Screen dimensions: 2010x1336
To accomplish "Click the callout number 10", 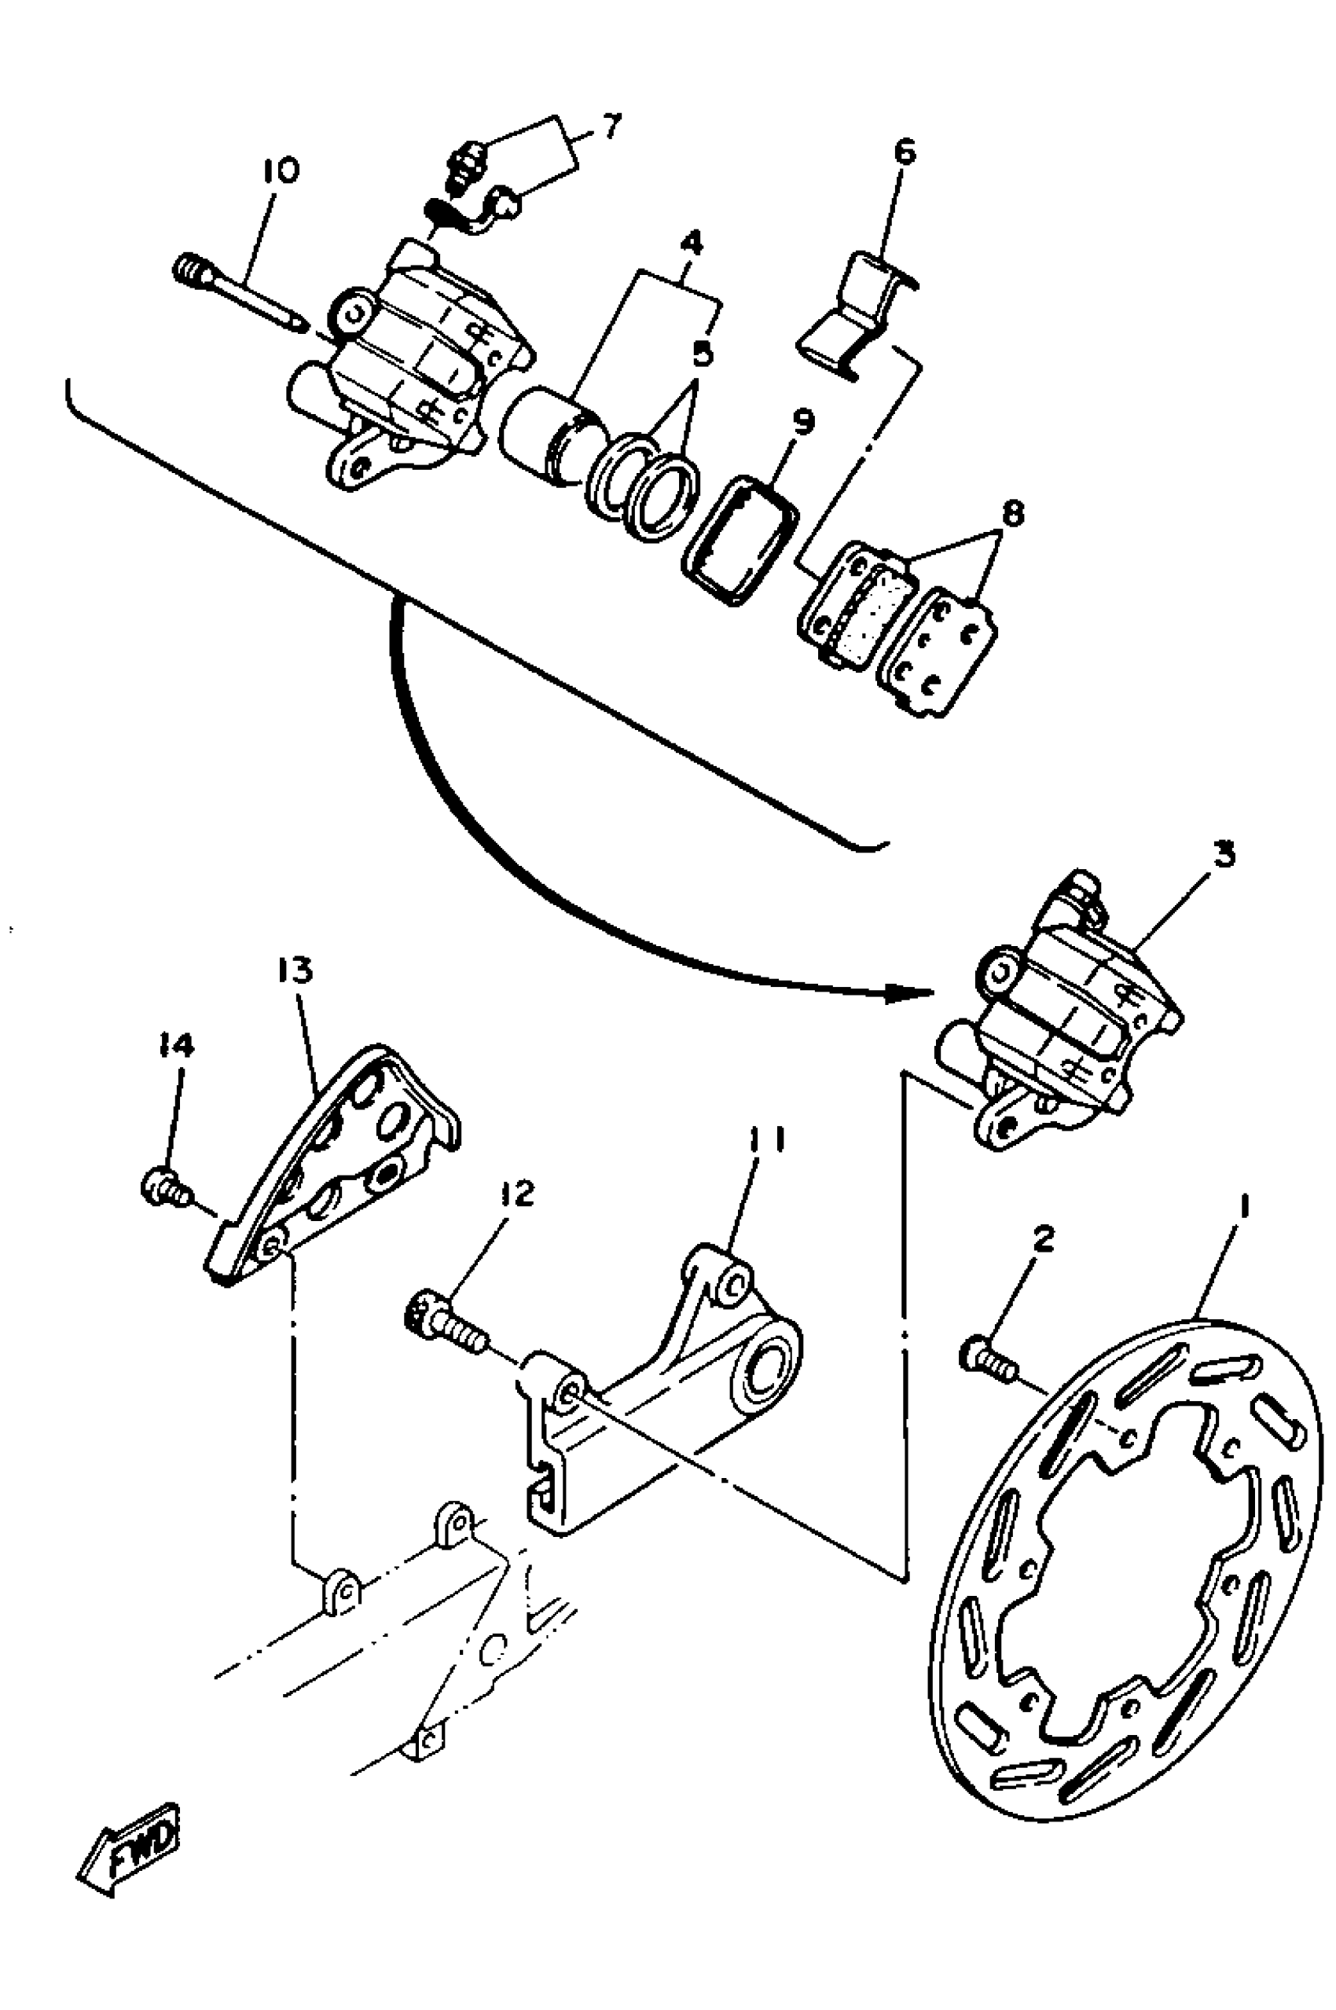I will click(281, 171).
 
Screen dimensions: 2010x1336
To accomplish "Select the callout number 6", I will click(904, 153).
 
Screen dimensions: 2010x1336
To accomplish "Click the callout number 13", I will click(295, 970).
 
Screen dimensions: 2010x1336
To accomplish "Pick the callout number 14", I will click(175, 1046).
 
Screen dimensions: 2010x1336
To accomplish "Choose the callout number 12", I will click(517, 1194).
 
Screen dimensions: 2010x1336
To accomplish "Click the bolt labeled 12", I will click(445, 1322).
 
